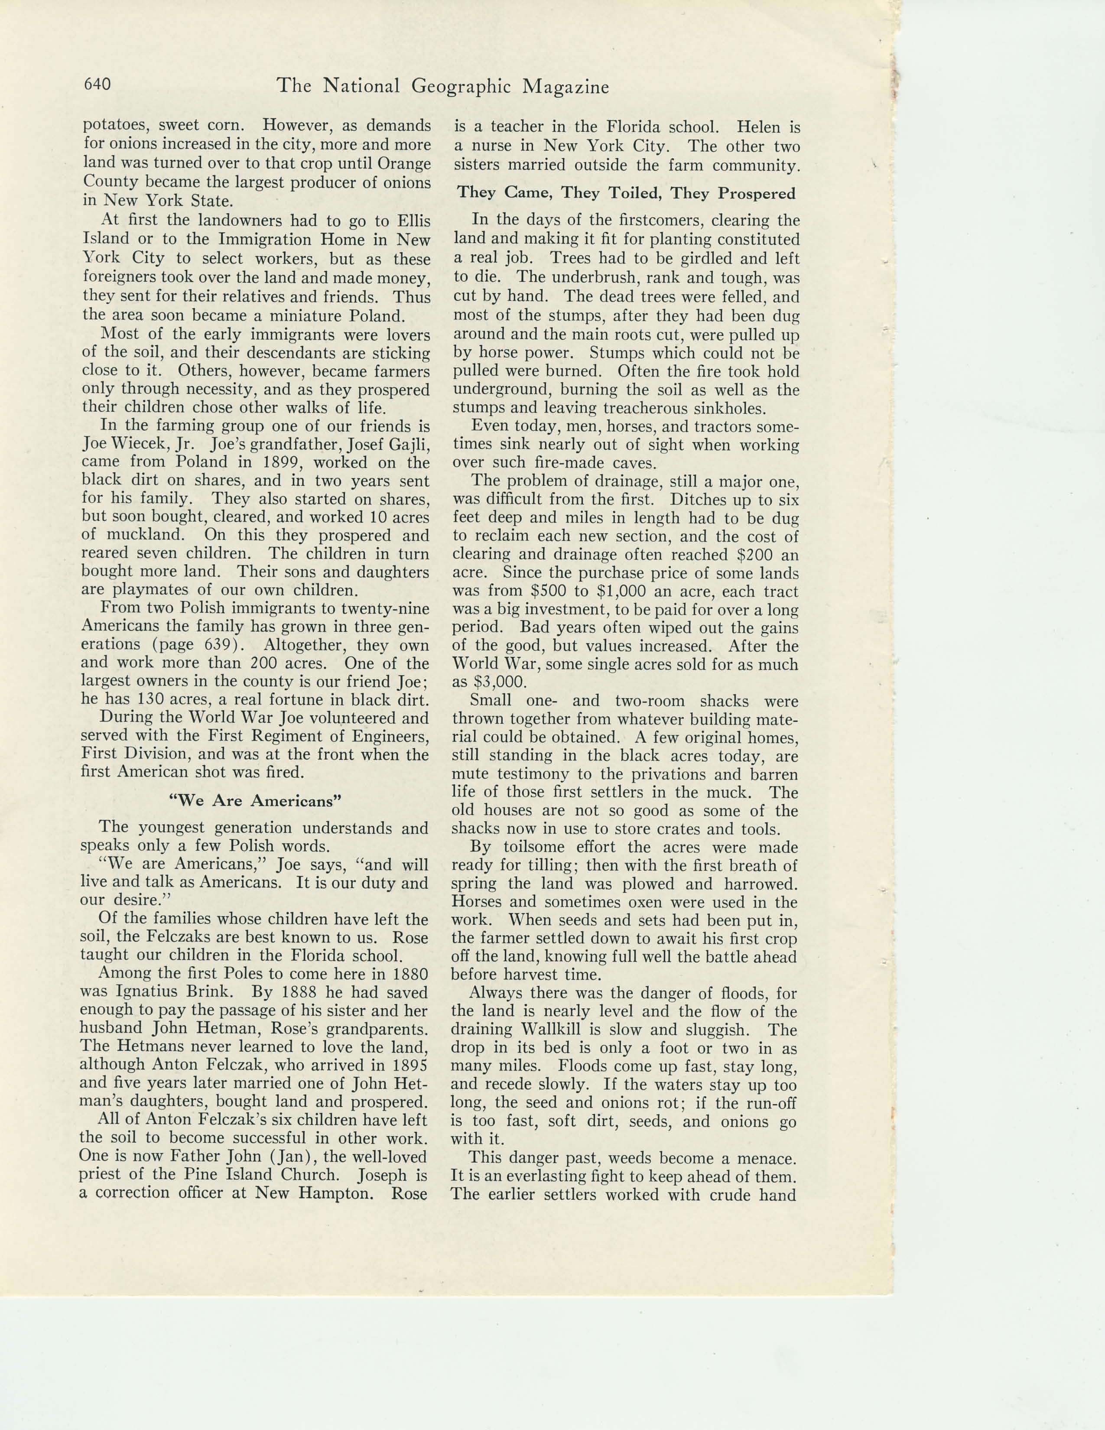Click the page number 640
pyautogui.click(x=97, y=84)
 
